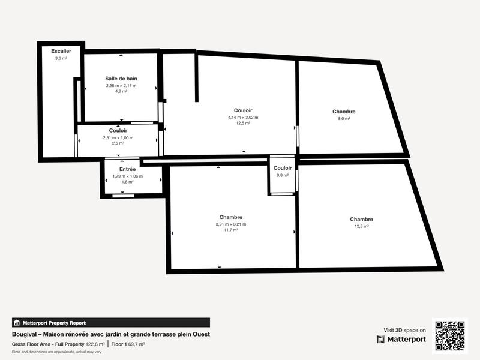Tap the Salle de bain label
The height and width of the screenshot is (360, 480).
click(121, 79)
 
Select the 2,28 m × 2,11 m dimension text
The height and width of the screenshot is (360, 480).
click(121, 85)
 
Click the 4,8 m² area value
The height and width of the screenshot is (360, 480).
click(121, 92)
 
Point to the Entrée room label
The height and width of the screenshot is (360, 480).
click(127, 169)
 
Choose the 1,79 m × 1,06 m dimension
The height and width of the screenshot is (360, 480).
click(127, 176)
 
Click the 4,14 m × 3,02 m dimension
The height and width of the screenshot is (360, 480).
click(243, 117)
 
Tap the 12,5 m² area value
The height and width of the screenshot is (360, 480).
click(243, 123)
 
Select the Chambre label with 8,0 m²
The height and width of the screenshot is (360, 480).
click(344, 112)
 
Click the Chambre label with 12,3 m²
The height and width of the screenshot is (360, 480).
click(362, 220)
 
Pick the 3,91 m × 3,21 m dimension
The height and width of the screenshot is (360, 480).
click(231, 224)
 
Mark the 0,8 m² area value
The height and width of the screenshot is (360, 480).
click(283, 175)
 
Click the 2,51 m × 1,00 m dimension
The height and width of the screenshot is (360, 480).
click(118, 137)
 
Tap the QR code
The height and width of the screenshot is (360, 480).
click(449, 335)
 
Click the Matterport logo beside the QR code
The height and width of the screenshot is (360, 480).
click(401, 339)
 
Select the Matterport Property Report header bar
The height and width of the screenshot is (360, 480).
click(111, 322)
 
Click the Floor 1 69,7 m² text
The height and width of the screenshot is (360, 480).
click(128, 344)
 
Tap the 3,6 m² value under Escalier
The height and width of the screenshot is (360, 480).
click(61, 58)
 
